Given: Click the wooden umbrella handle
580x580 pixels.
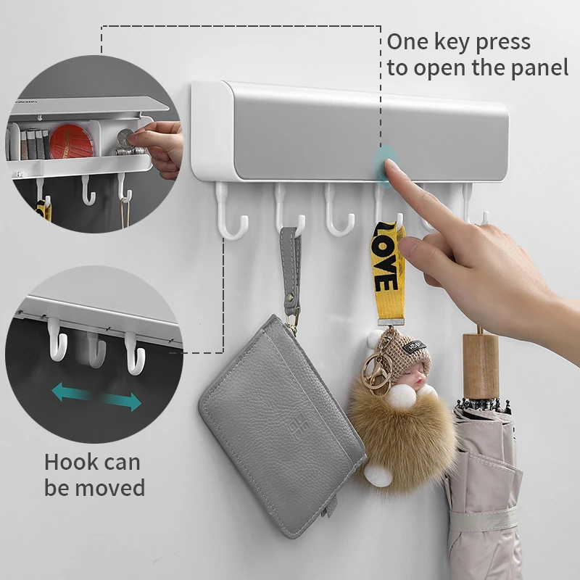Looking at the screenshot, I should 481,362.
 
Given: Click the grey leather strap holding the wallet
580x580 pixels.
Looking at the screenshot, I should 292,265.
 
